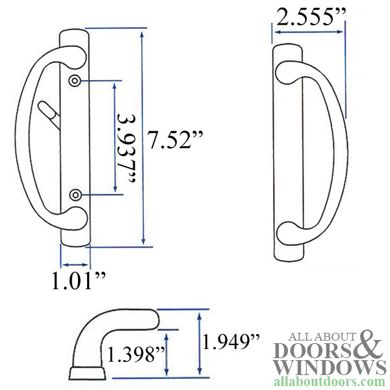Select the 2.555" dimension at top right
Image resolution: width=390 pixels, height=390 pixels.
[308, 18]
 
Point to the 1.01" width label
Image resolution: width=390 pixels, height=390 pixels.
[78, 281]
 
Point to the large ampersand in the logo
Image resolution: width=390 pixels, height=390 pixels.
[372, 344]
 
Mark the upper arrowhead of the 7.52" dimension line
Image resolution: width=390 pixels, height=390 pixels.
[142, 32]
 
